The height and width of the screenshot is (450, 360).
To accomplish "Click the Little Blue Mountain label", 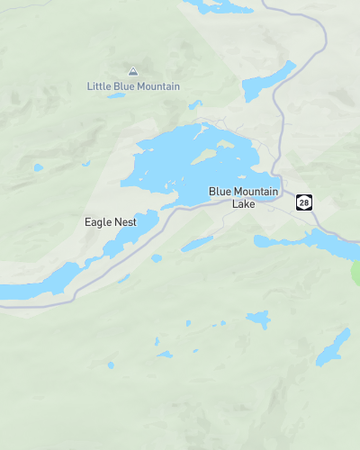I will [134, 87].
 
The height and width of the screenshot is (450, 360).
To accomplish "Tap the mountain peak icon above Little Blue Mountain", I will [133, 71].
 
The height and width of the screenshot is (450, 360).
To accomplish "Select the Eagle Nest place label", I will [110, 221].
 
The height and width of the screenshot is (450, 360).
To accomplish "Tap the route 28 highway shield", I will [304, 202].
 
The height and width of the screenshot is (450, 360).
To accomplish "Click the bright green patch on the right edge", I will [356, 271].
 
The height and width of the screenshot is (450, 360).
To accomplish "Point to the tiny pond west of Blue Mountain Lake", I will [38, 167].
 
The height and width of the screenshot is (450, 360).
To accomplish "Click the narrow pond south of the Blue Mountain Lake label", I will [197, 243].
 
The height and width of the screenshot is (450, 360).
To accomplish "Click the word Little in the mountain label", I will [99, 87].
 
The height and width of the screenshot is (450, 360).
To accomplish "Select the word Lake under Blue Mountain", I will [244, 204].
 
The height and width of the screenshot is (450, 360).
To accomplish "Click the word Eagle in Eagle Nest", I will [97, 221].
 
